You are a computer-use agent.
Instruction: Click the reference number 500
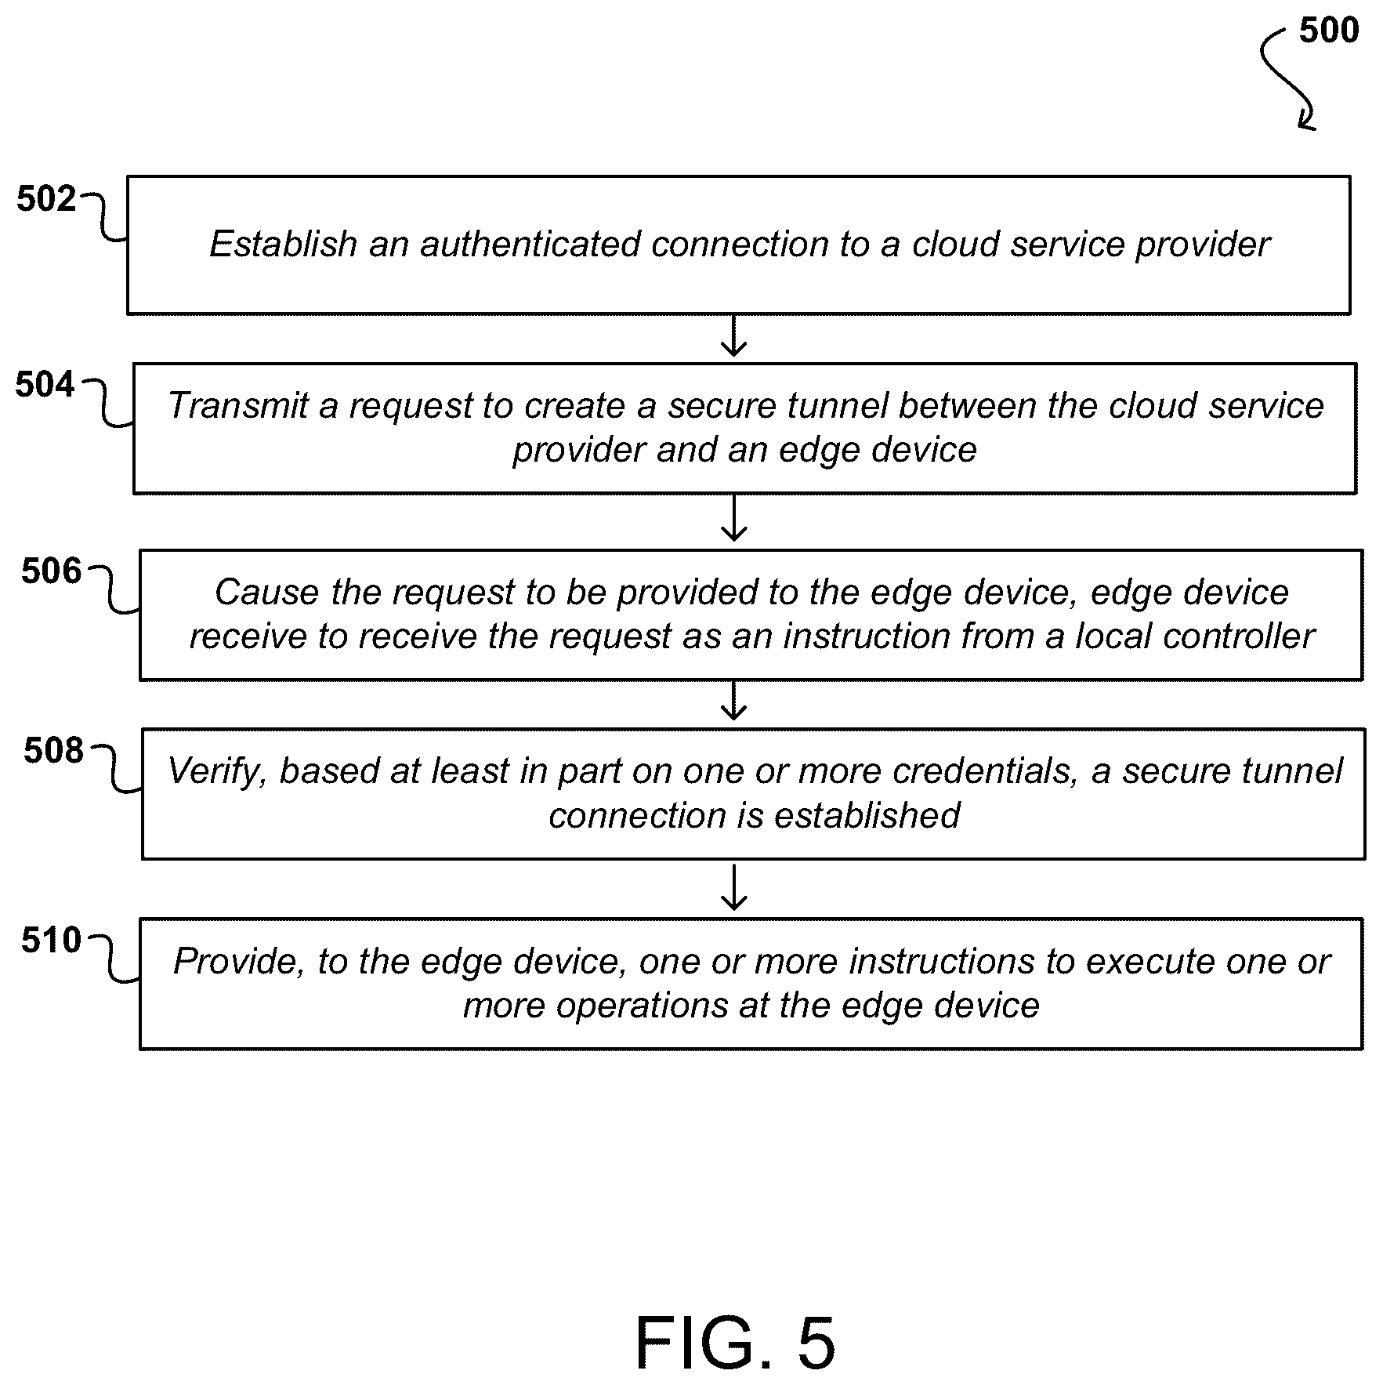point(1328,31)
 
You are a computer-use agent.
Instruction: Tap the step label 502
point(46,199)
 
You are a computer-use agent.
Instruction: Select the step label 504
point(45,385)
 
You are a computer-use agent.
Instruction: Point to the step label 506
point(51,571)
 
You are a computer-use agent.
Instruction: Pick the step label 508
point(53,751)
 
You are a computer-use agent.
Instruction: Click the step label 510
point(51,941)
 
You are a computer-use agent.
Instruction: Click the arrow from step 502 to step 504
point(733,336)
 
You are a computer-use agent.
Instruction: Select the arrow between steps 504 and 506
point(733,518)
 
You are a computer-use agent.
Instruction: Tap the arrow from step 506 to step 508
point(733,701)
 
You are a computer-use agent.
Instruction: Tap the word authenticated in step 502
point(530,244)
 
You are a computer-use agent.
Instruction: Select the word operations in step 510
point(642,1006)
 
